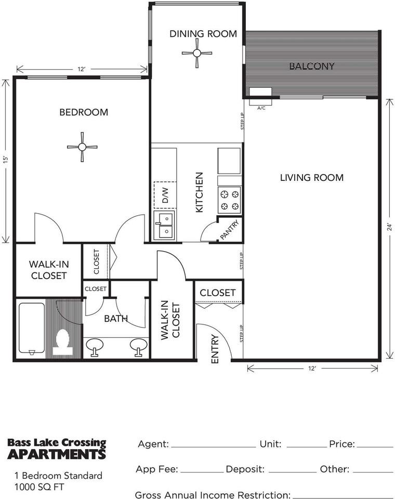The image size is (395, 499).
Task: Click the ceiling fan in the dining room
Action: (196, 53)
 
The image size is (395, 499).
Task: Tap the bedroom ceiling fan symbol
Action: (82, 147)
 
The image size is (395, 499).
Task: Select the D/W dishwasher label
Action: (165, 195)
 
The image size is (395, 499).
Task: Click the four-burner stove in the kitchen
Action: (230, 200)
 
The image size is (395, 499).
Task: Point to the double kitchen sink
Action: (164, 225)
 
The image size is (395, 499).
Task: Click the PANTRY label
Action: (229, 230)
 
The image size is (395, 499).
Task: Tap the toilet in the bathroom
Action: (62, 343)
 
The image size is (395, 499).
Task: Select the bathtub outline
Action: (32, 329)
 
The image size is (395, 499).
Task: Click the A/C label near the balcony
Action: (261, 108)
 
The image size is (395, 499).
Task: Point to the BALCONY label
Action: (312, 66)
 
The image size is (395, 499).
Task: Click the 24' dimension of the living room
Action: (389, 227)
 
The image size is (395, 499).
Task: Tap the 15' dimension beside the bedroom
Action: (5, 160)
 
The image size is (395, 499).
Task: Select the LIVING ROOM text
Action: (312, 177)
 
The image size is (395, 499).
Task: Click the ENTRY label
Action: (215, 349)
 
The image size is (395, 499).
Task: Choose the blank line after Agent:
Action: (213, 447)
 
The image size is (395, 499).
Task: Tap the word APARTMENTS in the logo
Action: (56, 454)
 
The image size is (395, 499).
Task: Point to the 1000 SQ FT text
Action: (39, 487)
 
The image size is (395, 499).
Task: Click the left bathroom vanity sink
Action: (95, 347)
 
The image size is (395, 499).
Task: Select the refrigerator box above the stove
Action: (229, 161)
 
